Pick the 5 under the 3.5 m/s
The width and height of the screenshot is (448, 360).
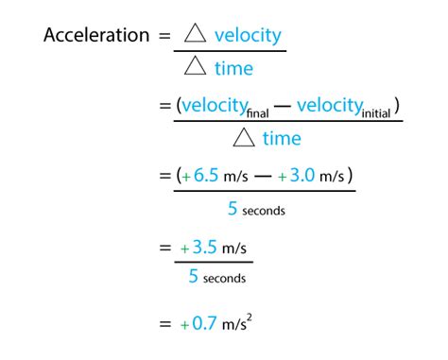(194, 277)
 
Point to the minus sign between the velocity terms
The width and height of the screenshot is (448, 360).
(284, 106)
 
